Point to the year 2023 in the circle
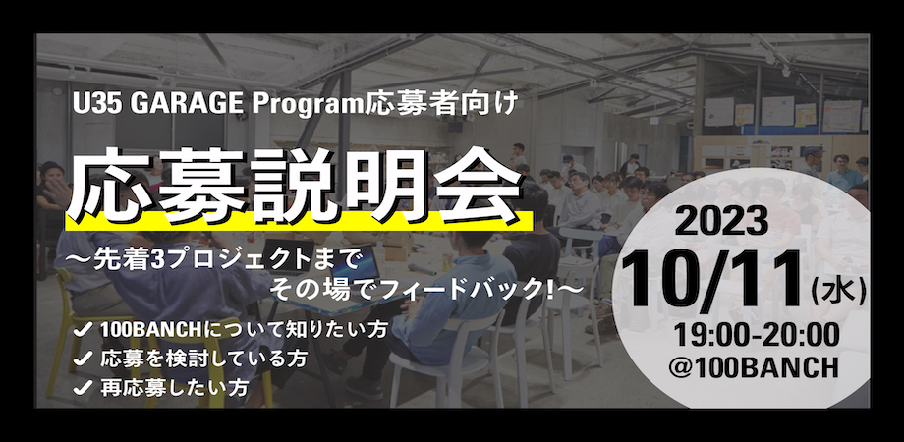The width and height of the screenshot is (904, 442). pyautogui.click(x=721, y=220)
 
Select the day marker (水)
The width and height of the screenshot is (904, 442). pyautogui.click(x=838, y=292)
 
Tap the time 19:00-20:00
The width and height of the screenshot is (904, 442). pyautogui.click(x=757, y=335)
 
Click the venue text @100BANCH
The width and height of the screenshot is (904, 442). pyautogui.click(x=755, y=366)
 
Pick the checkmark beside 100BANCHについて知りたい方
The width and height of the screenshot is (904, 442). pyautogui.click(x=83, y=330)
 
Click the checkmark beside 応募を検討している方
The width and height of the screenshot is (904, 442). pyautogui.click(x=83, y=359)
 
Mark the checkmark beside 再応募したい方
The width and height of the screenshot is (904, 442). pyautogui.click(x=83, y=387)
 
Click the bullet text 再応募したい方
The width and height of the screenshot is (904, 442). pyautogui.click(x=175, y=387)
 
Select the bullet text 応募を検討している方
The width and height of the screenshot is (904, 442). pyautogui.click(x=203, y=359)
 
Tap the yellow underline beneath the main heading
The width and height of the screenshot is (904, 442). pyautogui.click(x=299, y=221)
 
